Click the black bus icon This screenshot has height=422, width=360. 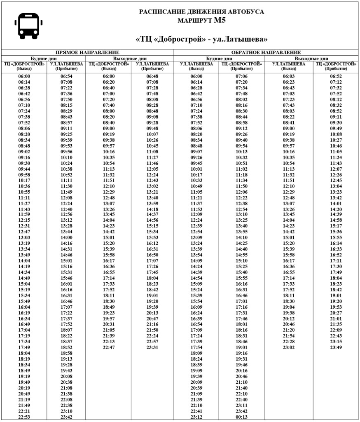(x=28, y=26)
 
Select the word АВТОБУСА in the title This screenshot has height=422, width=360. (x=246, y=12)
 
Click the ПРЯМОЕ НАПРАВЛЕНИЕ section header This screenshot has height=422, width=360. (x=87, y=53)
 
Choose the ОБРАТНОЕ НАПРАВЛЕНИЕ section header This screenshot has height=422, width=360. (x=266, y=53)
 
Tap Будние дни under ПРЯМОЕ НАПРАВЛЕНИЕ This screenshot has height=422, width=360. (x=44, y=59)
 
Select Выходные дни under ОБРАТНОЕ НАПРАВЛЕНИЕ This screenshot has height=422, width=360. (x=311, y=59)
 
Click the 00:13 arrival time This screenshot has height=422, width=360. (x=241, y=417)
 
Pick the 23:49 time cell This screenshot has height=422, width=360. (x=336, y=347)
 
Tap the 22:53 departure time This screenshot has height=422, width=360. (x=24, y=417)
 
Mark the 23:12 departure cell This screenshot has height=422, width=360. (x=196, y=417)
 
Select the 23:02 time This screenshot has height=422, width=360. (x=289, y=347)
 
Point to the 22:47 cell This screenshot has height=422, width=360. (x=109, y=347)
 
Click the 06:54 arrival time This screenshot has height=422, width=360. (x=67, y=76)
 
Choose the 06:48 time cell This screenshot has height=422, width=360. (x=152, y=76)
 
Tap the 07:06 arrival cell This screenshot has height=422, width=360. (x=241, y=76)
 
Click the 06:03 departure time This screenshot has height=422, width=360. (x=289, y=76)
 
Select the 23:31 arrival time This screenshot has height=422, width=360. (x=152, y=347)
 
